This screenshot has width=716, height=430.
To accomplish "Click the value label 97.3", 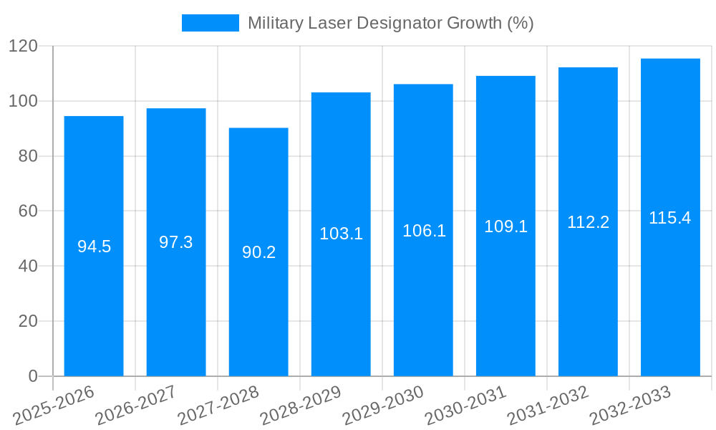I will pos(176,242).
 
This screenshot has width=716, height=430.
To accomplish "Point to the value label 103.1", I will pos(341,234).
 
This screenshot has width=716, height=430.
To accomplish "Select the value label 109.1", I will pos(505,226).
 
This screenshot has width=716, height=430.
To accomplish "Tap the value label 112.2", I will pos(588,222).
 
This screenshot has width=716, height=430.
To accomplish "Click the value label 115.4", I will pos(670,218).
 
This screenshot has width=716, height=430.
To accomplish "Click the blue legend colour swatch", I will pos(211,23).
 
